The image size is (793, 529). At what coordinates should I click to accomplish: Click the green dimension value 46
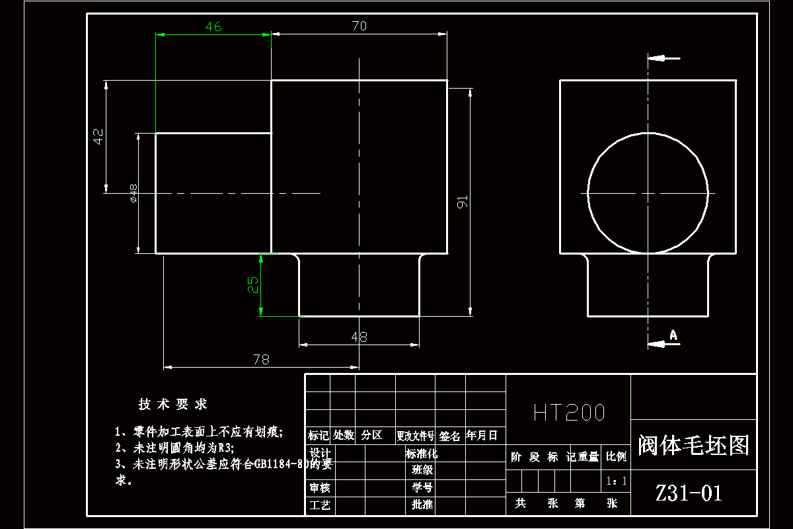213,26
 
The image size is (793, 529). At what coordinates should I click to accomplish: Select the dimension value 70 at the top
359,26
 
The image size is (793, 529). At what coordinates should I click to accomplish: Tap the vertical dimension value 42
98,137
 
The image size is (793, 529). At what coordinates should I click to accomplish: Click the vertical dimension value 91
463,202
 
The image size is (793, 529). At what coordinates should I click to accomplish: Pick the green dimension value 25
253,285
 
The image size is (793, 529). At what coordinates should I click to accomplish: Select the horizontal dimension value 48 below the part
359,337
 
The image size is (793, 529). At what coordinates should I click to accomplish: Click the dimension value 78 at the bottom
262,359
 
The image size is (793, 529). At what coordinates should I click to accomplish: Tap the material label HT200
569,413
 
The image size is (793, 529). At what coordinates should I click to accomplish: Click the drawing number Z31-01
689,493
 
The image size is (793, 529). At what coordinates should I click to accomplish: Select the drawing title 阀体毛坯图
694,445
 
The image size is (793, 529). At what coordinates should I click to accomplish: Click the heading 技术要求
172,404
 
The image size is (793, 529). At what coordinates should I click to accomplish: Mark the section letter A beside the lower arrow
673,335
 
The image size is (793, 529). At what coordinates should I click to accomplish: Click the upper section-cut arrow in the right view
663,58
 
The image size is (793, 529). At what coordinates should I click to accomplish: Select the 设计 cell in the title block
320,454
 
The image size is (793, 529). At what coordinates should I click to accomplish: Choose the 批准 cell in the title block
422,505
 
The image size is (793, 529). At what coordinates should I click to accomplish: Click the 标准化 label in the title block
422,454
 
